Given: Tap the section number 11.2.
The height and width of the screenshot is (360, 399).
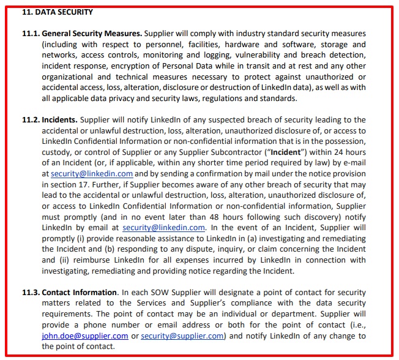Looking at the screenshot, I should pos(31,120).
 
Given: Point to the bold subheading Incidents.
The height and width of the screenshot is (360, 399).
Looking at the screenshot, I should pos(59,120).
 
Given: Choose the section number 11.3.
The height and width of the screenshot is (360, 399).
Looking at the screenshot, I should pos(31,293).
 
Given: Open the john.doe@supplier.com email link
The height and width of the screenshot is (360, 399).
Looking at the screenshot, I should pos(85,336).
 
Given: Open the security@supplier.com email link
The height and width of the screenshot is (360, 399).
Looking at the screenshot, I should pos(182,336).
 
